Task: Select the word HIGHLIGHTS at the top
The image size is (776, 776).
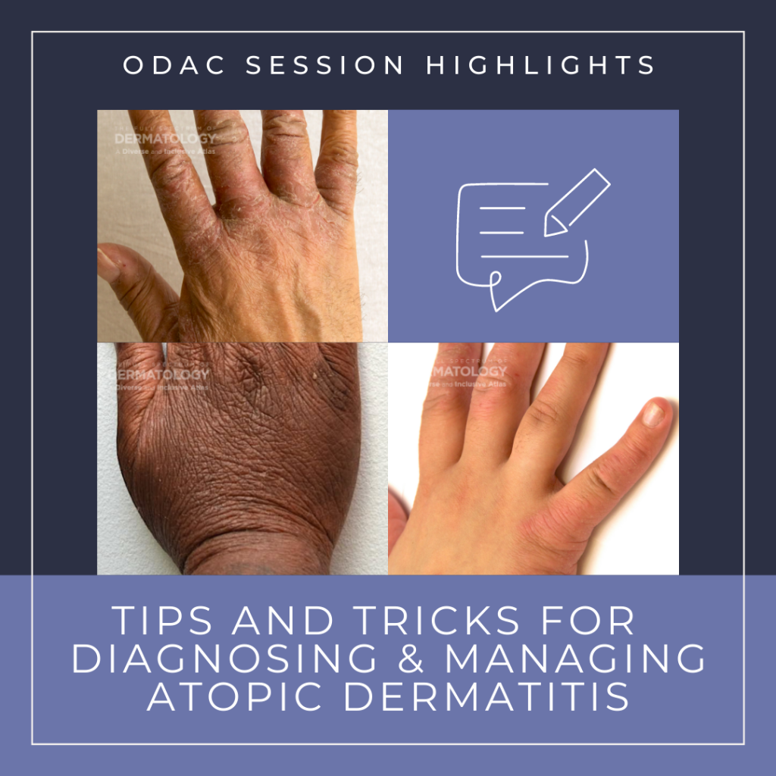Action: click(540, 66)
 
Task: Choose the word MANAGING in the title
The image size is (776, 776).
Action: click(575, 659)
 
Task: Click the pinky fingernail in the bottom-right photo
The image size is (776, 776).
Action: click(653, 414)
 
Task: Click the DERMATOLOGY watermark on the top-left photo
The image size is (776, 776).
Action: click(164, 139)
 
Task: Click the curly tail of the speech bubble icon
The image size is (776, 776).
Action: click(496, 292)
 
